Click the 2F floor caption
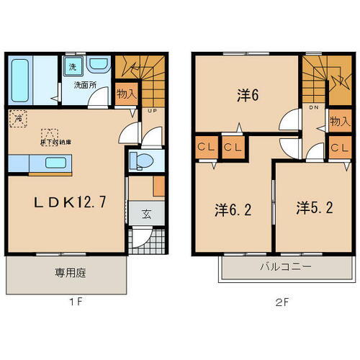(x=281, y=302)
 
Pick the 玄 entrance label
(x=145, y=213)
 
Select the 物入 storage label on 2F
(x=338, y=121)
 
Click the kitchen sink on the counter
(x=55, y=162)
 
